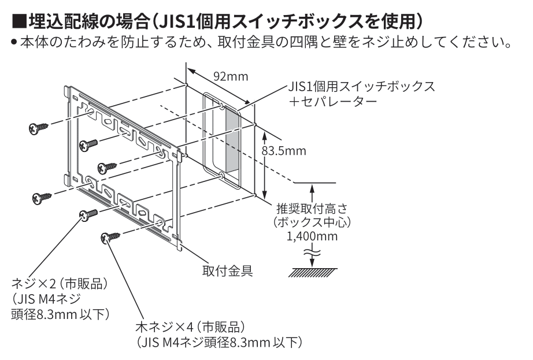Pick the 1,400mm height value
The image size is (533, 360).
tap(312, 237)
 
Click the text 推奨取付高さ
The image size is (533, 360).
tap(313, 209)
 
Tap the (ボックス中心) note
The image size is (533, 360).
tap(313, 222)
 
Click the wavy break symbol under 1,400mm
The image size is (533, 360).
tap(313, 250)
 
